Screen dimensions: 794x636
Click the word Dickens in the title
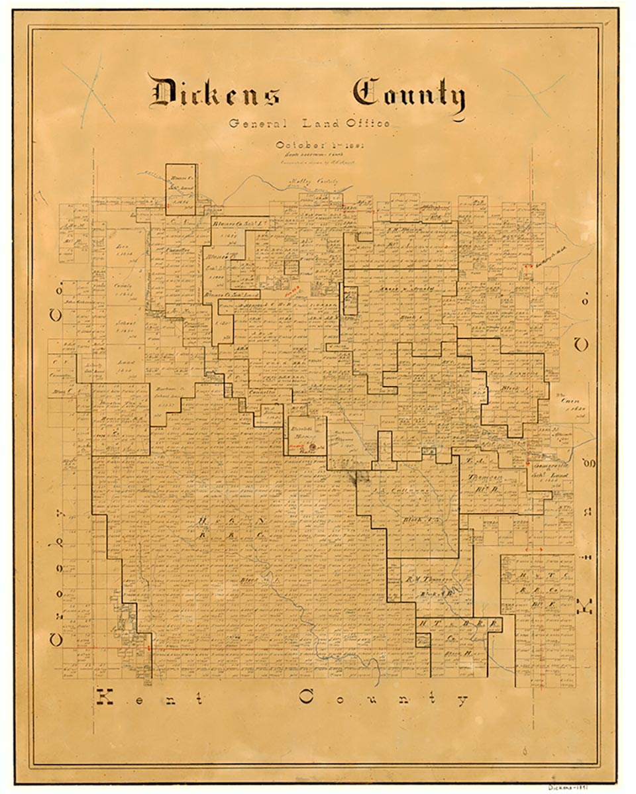pyautogui.click(x=214, y=93)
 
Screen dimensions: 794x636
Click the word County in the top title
pyautogui.click(x=408, y=96)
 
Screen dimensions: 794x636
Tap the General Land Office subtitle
pyautogui.click(x=309, y=124)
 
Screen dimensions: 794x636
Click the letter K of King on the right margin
pyautogui.click(x=584, y=606)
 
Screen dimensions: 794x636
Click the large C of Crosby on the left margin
pyautogui.click(x=56, y=639)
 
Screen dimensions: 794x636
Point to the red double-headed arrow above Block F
pyautogui.click(x=533, y=549)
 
